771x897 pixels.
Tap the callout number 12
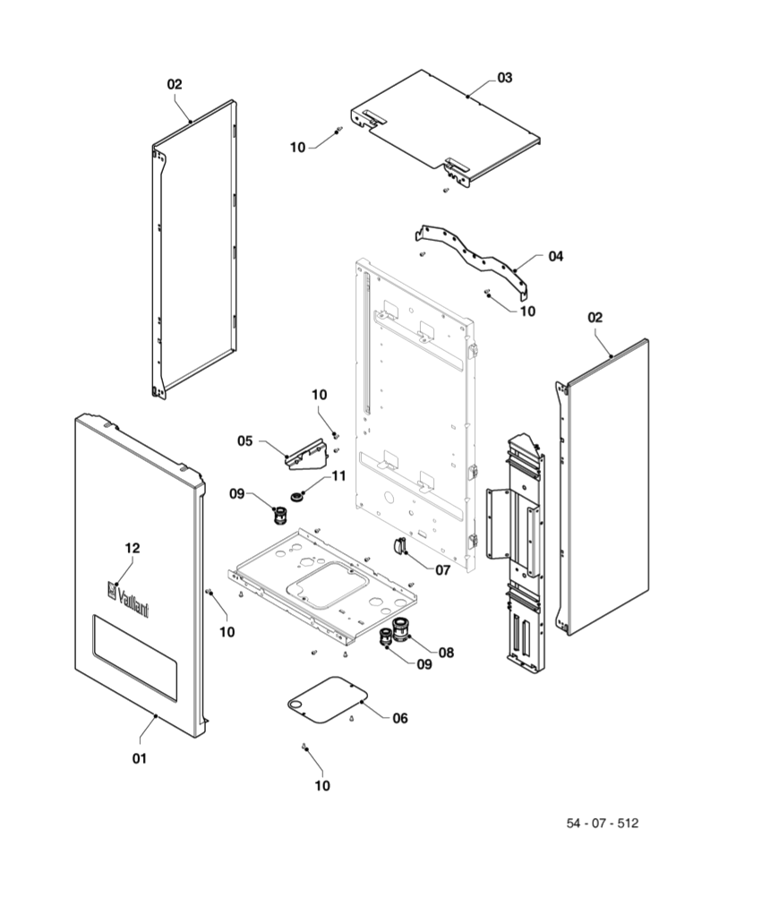(x=133, y=547)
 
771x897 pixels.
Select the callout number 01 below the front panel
(x=139, y=758)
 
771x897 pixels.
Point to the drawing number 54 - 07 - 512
(x=602, y=823)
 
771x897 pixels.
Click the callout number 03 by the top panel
(x=505, y=78)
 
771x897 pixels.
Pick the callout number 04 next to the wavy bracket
(x=556, y=256)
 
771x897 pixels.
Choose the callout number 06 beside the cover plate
(x=400, y=718)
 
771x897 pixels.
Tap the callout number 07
(x=443, y=568)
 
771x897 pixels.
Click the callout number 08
(x=446, y=653)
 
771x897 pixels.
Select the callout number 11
(x=338, y=476)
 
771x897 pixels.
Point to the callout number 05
(x=245, y=440)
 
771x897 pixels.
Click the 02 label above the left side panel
(x=175, y=84)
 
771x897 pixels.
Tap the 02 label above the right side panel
(x=595, y=317)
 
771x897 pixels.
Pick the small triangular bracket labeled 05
(x=304, y=454)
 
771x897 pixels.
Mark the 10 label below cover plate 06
(x=322, y=786)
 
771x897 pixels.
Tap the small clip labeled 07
(x=398, y=547)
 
